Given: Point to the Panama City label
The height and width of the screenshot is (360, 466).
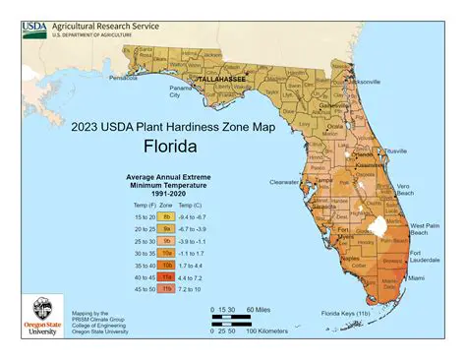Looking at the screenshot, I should [x=179, y=92].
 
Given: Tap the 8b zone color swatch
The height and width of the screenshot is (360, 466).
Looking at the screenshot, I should [x=167, y=215].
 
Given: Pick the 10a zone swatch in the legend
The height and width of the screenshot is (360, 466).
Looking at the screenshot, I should [x=167, y=253].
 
